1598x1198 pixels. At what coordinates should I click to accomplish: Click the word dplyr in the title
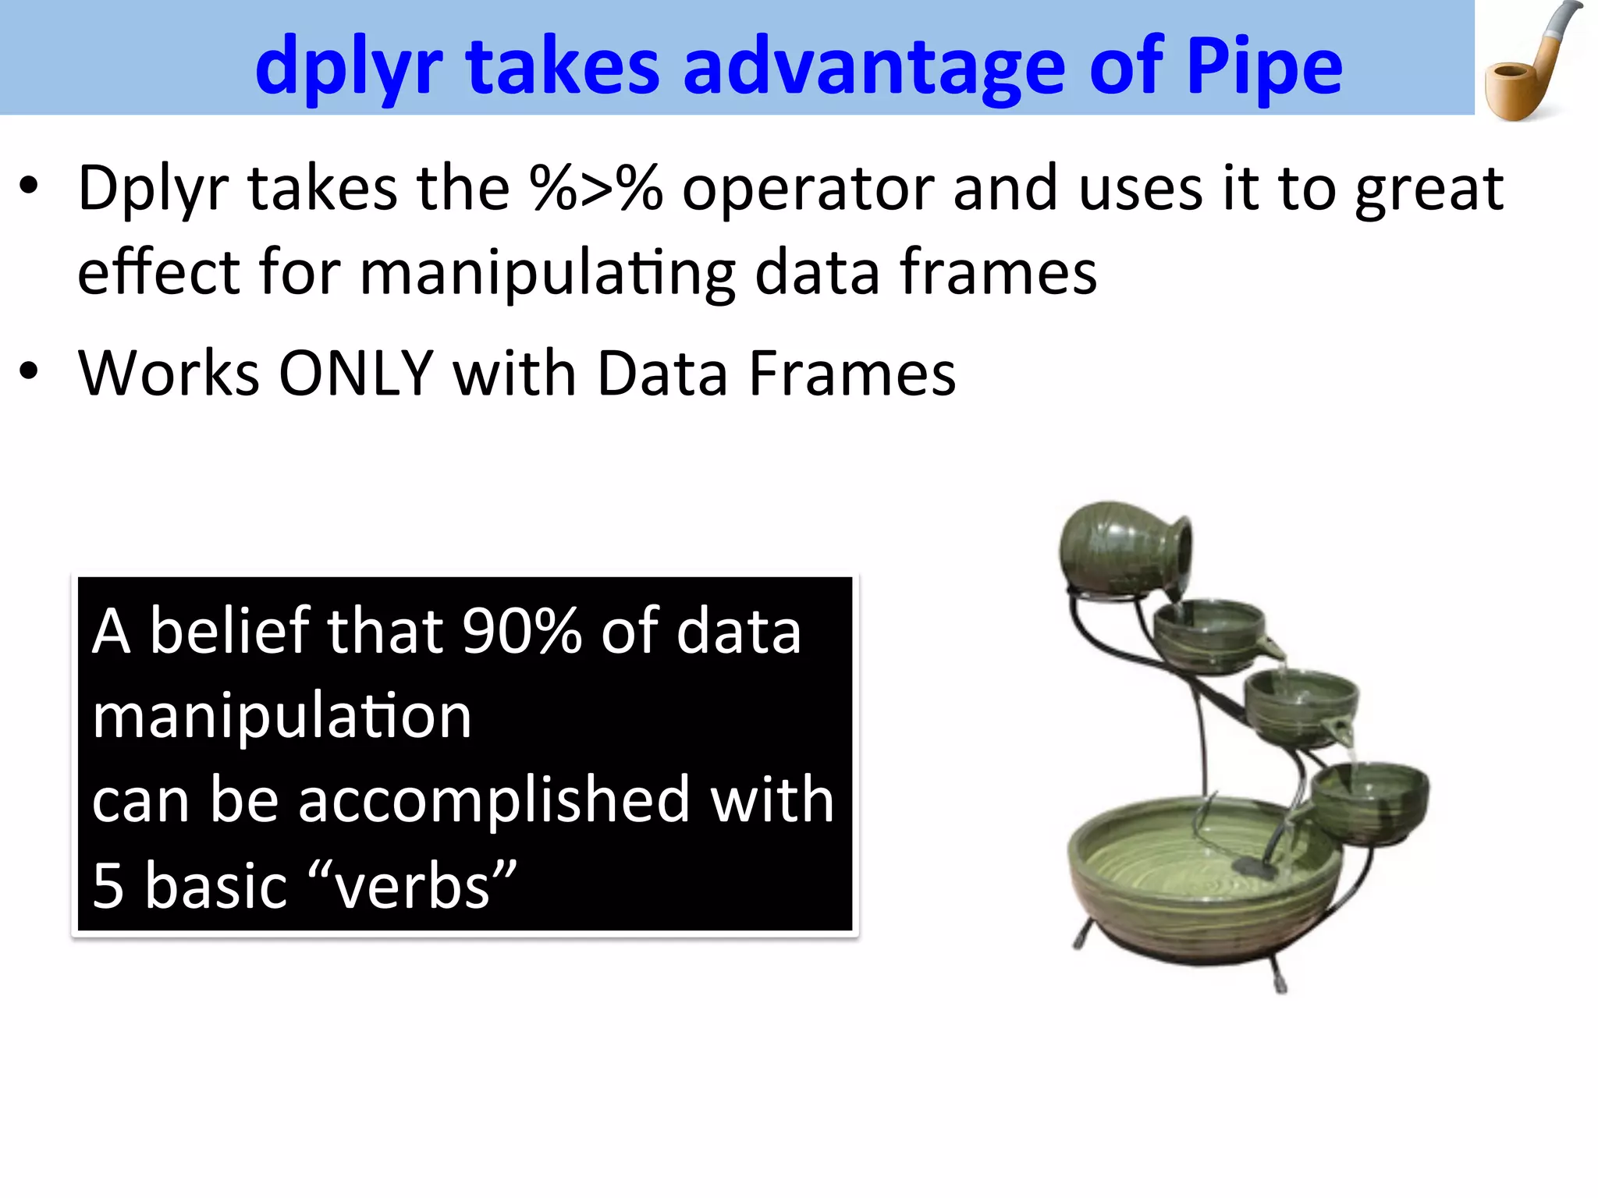pos(349,69)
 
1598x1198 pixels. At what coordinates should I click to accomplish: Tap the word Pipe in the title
pos(1264,69)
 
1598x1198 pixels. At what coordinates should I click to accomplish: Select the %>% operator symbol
pos(595,189)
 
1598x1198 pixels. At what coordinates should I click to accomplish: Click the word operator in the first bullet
pos(808,189)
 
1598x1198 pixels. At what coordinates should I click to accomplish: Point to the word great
pos(1429,189)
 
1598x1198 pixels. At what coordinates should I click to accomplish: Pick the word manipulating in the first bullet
pos(547,273)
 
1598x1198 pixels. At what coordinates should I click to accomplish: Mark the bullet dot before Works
pos(29,370)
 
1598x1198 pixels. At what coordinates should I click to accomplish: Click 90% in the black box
pos(521,631)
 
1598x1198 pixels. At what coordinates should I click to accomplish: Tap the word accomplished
pos(494,800)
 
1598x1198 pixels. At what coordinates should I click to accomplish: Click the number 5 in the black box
pos(108,886)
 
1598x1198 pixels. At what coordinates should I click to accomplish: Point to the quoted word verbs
pos(414,886)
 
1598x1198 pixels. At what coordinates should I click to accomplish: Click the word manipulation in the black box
pos(282,716)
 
